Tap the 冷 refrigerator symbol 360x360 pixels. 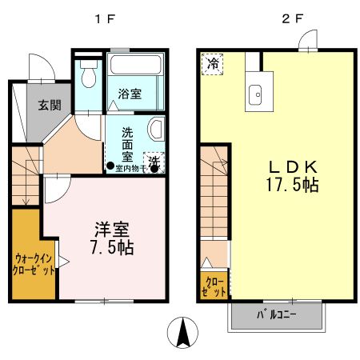point(213,62)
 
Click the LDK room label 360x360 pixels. point(294,168)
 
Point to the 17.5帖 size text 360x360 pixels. point(294,186)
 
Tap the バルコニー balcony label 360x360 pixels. point(277,314)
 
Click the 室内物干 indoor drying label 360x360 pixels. point(127,168)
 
